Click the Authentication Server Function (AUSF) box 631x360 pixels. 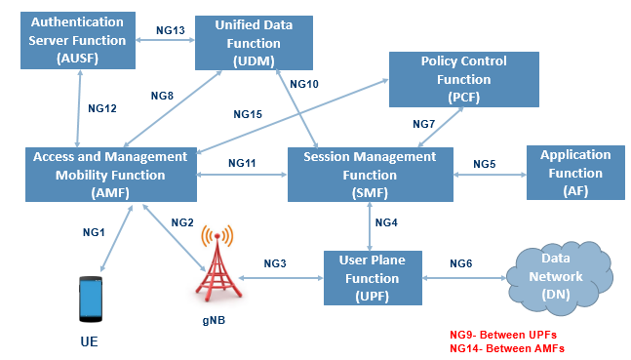click(x=78, y=41)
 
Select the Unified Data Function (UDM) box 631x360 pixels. click(x=254, y=41)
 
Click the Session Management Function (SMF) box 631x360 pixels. click(x=370, y=175)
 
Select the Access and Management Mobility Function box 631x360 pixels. click(x=109, y=175)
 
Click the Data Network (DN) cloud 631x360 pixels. click(x=557, y=276)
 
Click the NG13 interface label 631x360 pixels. click(x=170, y=30)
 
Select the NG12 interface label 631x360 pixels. click(x=101, y=108)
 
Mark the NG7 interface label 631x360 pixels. click(x=423, y=124)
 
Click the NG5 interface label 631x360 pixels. click(x=485, y=164)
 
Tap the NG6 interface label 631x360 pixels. click(x=460, y=263)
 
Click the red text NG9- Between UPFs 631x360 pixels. click(x=507, y=333)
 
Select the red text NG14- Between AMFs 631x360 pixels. click(x=507, y=347)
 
